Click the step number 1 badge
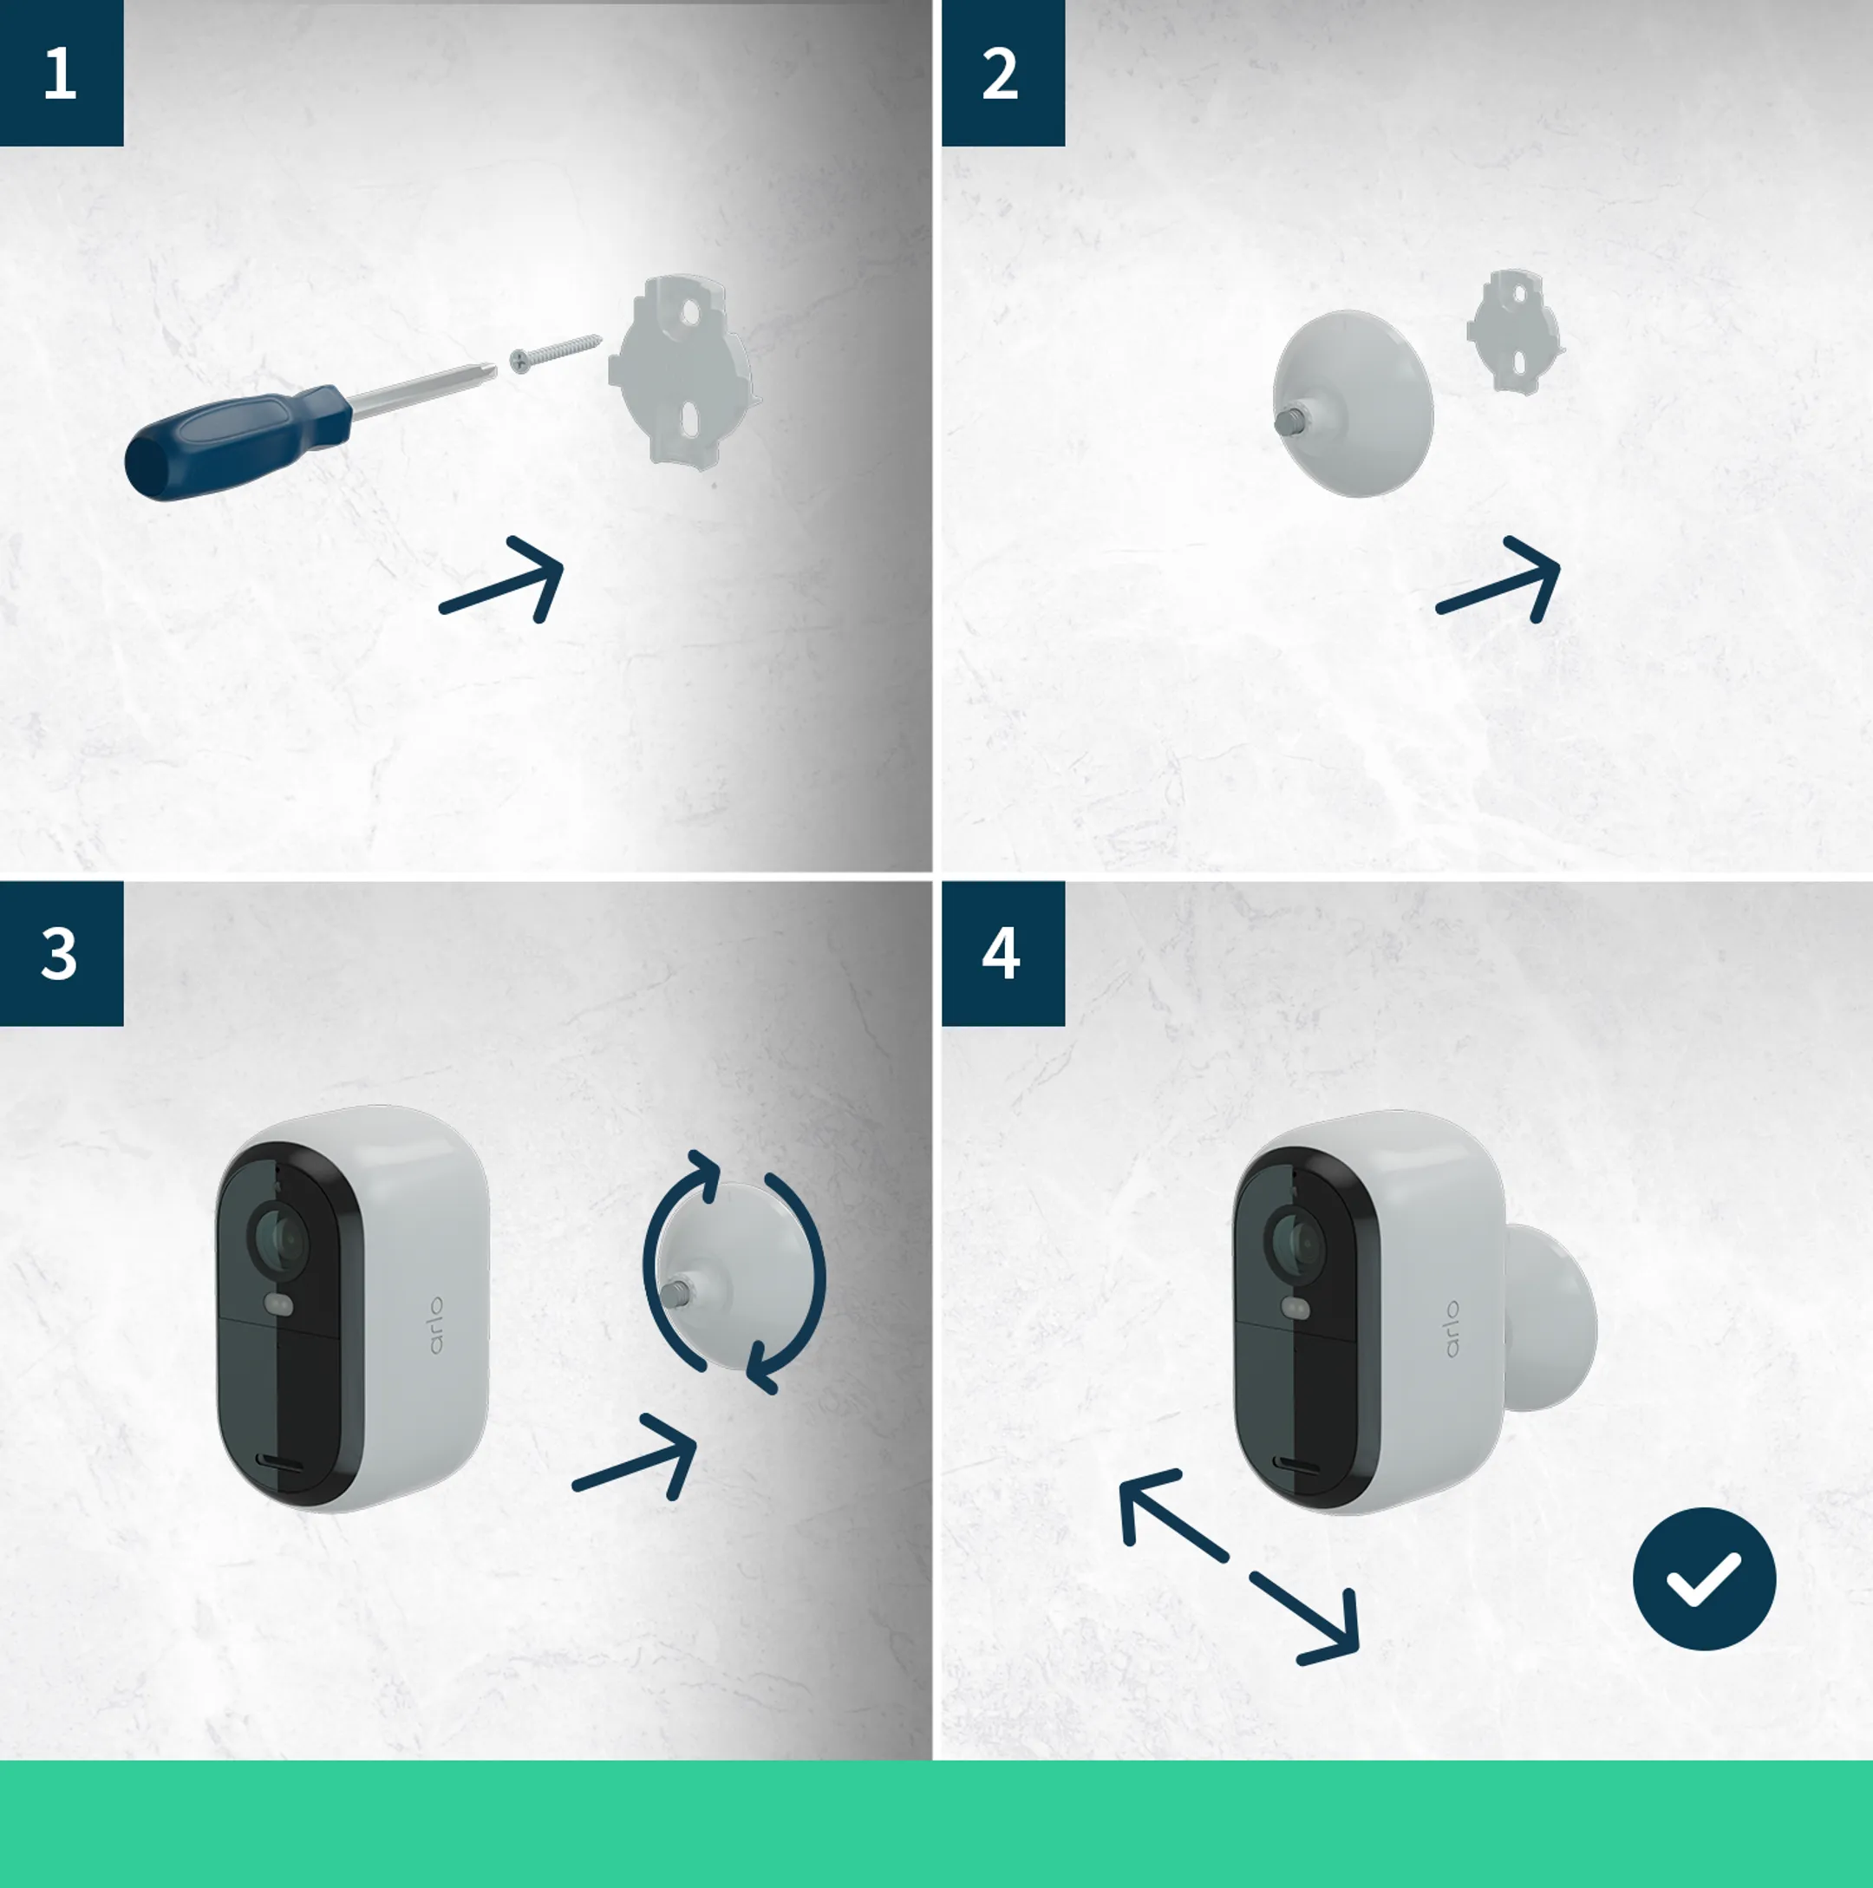pos(61,74)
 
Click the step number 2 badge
pos(1002,74)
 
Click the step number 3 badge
pos(61,954)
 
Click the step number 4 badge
pos(1002,954)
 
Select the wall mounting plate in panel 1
pos(684,371)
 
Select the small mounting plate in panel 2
pos(1514,332)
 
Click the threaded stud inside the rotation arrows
pos(674,1295)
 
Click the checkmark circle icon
pos(1704,1579)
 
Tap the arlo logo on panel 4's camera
pos(1452,1328)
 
